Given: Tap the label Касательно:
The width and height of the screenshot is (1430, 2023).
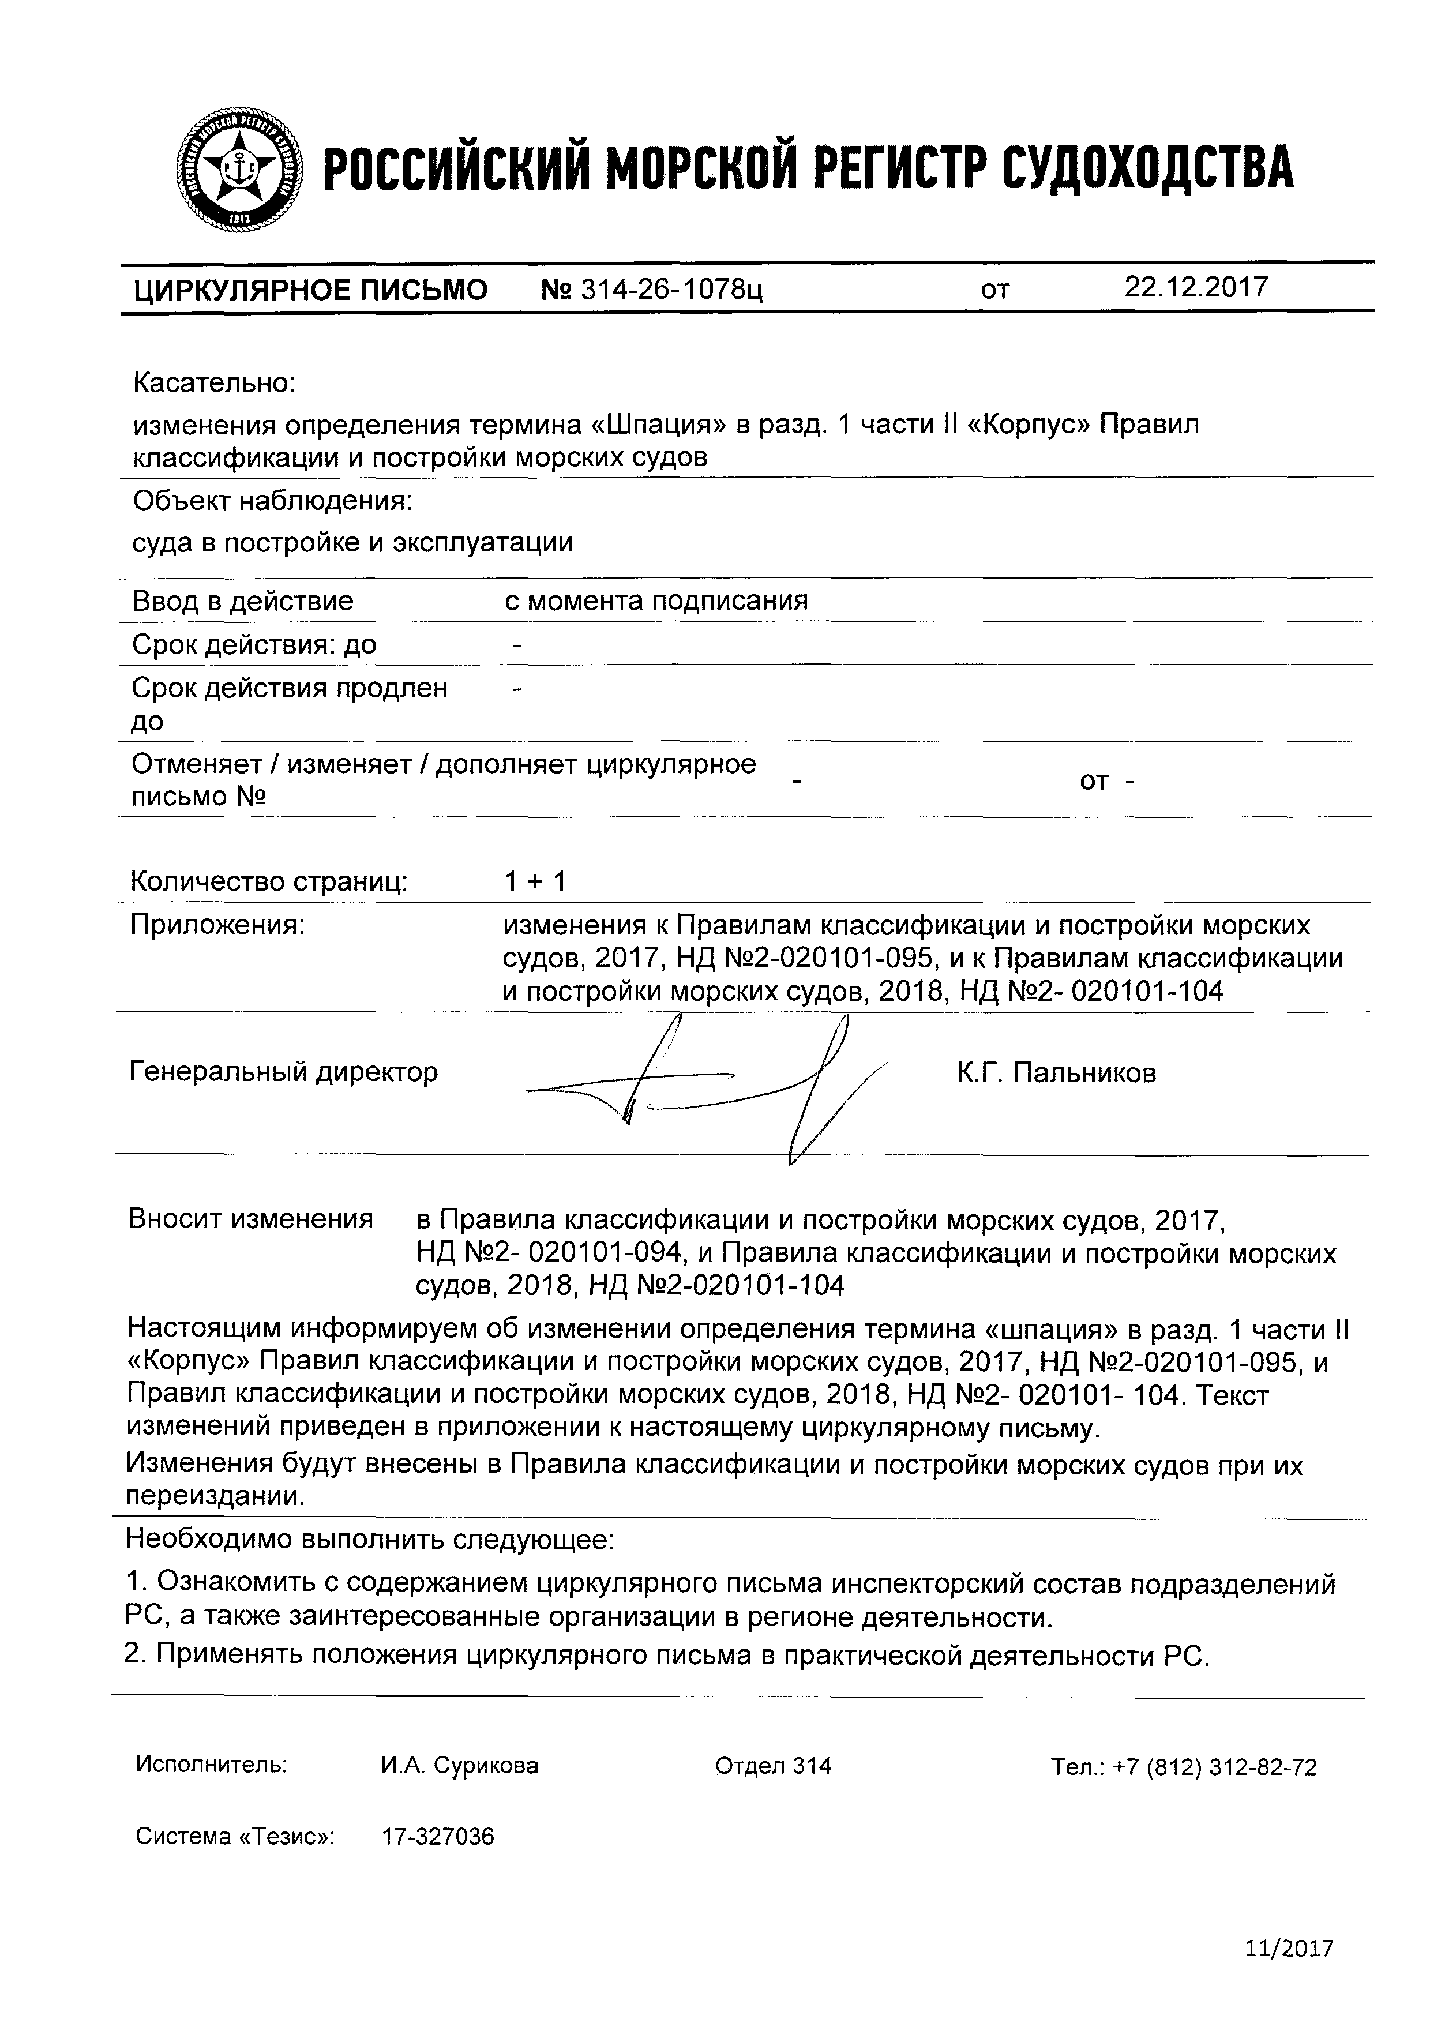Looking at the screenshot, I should point(214,383).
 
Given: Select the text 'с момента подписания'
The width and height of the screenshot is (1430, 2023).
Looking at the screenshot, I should point(655,601).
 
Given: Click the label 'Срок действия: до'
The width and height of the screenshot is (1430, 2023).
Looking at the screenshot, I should point(254,644).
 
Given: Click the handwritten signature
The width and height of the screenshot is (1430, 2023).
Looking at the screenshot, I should point(705,1088).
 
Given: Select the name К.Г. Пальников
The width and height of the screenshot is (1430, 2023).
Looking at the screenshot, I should point(1056,1073).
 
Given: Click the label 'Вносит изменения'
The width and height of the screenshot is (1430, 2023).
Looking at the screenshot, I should point(251,1219).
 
